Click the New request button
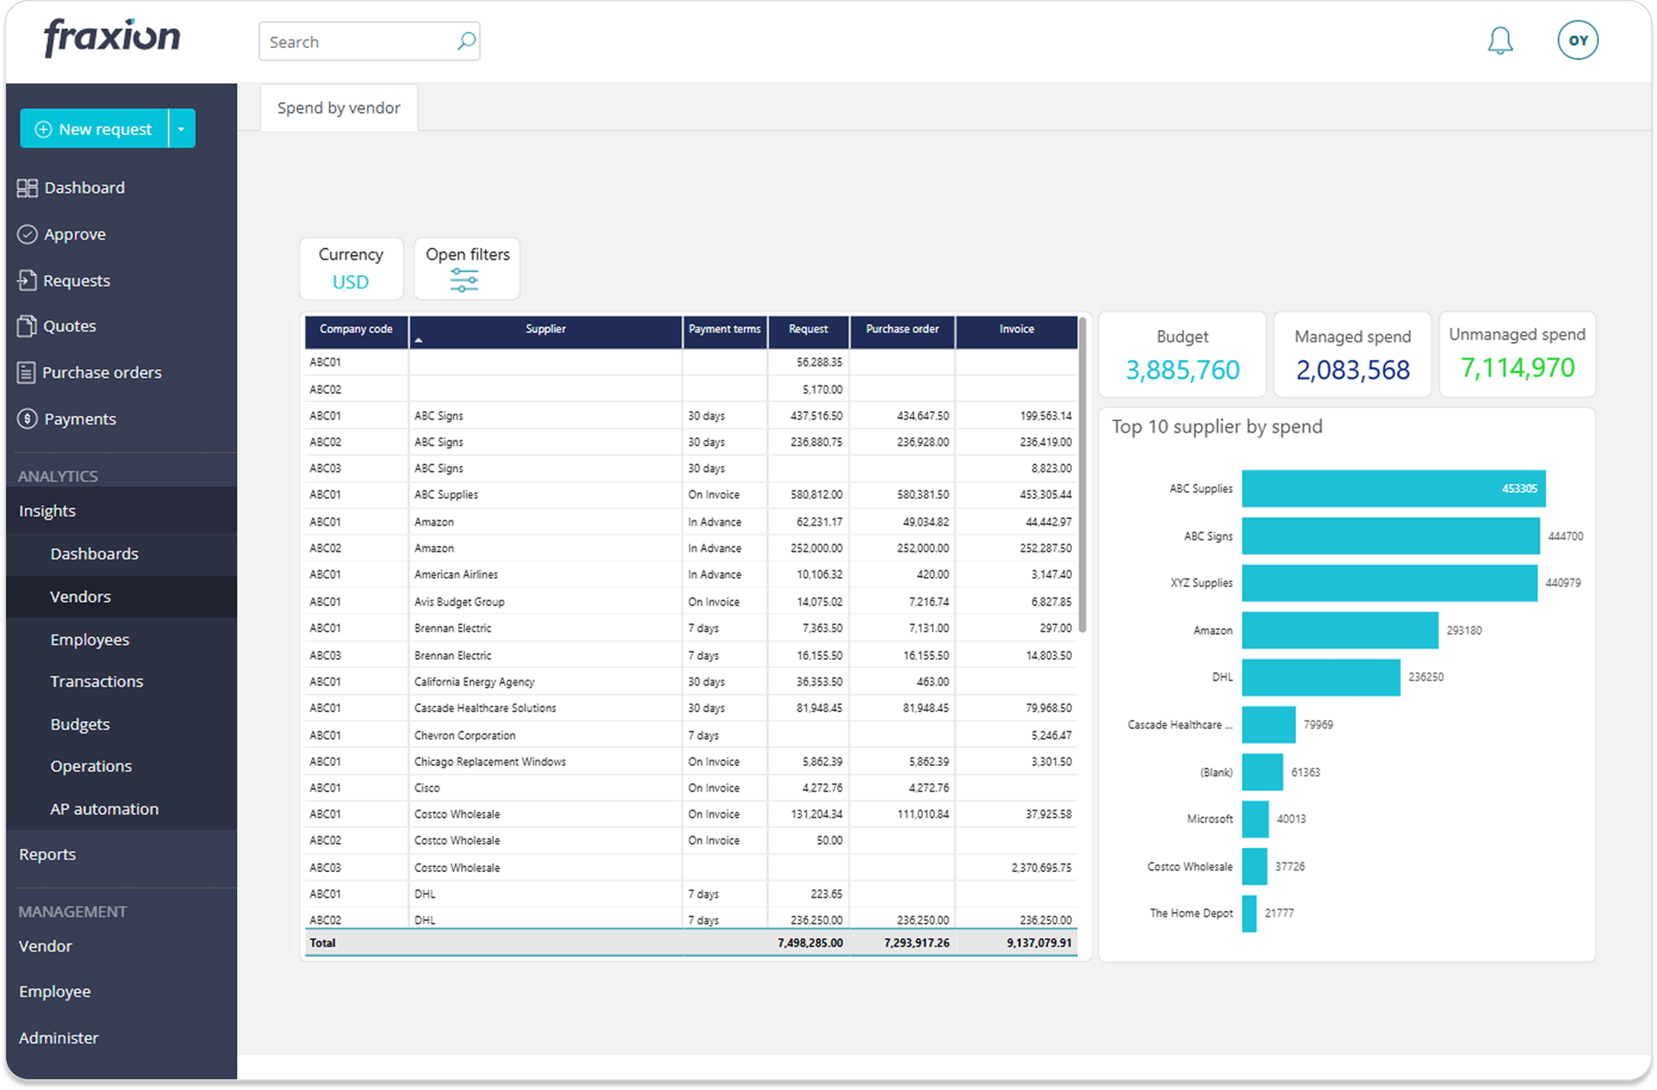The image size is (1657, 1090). (x=94, y=129)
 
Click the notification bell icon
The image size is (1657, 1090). (x=1500, y=41)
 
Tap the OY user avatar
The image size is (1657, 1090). (x=1577, y=41)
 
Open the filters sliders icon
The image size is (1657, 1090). (x=464, y=281)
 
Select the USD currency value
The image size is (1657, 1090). (x=350, y=282)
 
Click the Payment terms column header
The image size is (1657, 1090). (x=724, y=329)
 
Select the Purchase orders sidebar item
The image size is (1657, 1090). (x=101, y=373)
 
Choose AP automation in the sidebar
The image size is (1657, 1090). (x=104, y=809)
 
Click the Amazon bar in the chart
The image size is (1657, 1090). (x=1340, y=631)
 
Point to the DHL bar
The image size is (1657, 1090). (x=1321, y=677)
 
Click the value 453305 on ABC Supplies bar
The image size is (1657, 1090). (x=1519, y=489)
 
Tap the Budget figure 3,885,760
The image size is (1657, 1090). (x=1182, y=370)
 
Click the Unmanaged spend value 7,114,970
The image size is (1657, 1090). (x=1517, y=368)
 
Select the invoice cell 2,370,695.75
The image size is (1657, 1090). (x=1041, y=868)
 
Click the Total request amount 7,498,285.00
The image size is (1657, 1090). (x=809, y=943)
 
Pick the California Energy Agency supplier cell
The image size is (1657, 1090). (x=474, y=682)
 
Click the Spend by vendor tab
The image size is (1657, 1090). (x=339, y=109)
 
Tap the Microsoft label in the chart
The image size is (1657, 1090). (x=1210, y=819)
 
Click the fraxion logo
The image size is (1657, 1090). (x=112, y=38)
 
